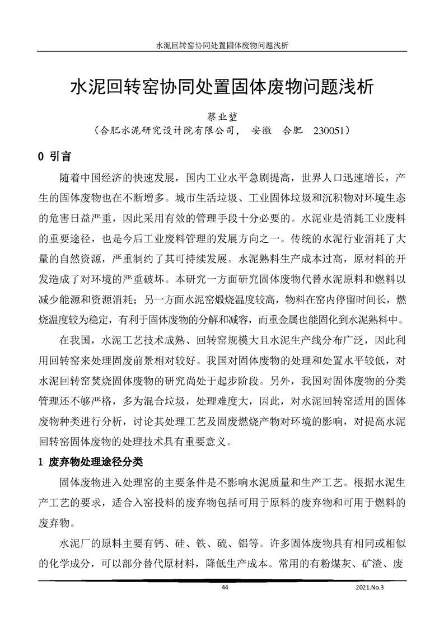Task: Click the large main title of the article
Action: tap(222, 88)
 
